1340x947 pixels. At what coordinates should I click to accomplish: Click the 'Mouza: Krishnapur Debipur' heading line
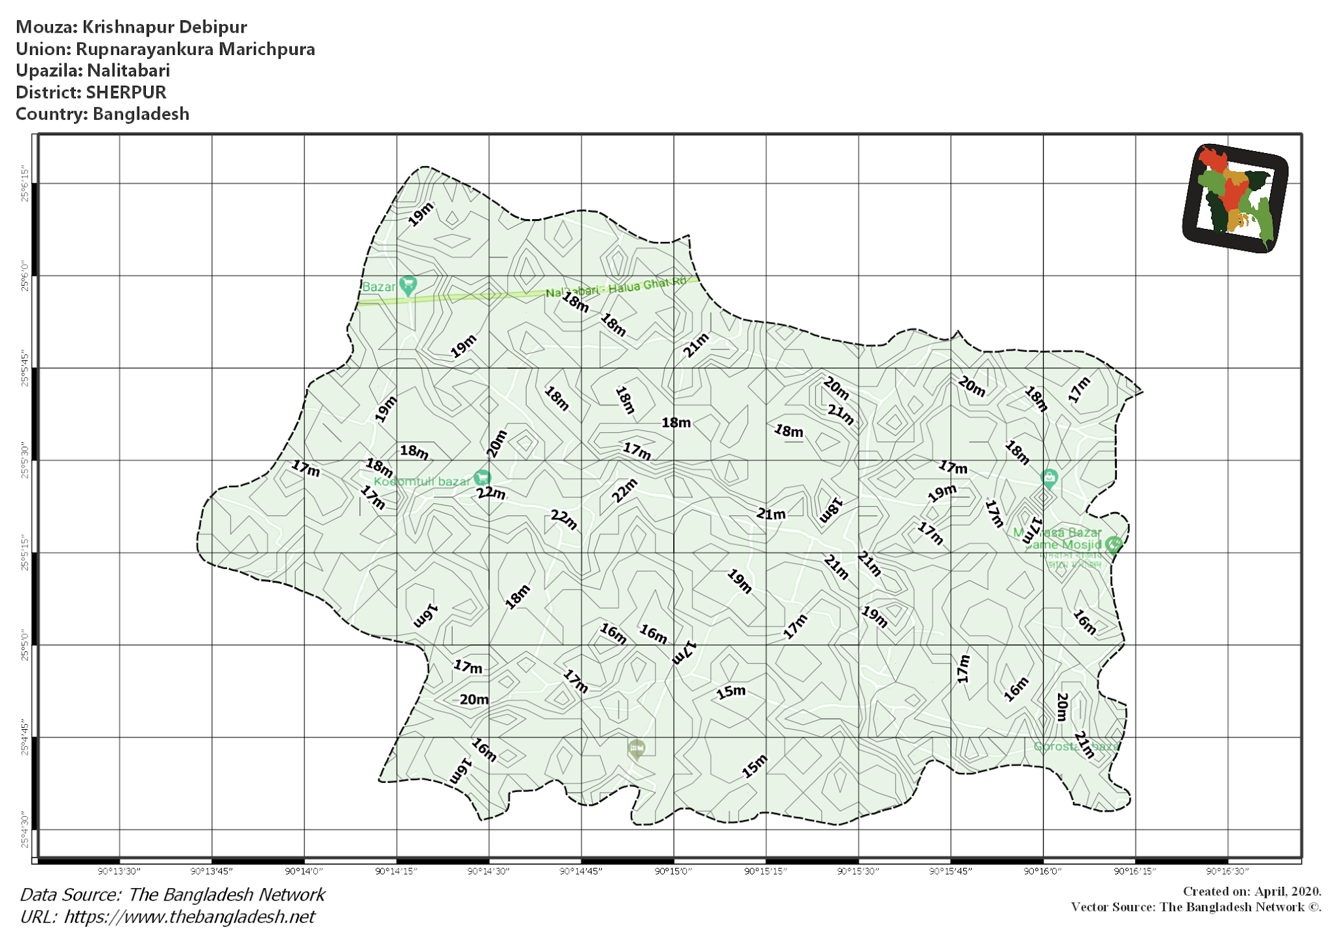click(131, 27)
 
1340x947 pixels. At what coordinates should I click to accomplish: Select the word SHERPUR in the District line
click(126, 92)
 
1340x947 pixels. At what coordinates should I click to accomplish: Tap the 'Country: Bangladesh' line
click(102, 114)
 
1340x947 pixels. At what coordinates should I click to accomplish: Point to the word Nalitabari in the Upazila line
click(128, 71)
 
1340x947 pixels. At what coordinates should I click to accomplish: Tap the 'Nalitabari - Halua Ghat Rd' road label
click(616, 287)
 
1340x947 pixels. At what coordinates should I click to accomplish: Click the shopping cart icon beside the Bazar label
click(408, 285)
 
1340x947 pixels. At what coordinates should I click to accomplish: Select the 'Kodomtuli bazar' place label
click(422, 482)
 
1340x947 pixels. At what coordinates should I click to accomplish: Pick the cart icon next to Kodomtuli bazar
click(482, 478)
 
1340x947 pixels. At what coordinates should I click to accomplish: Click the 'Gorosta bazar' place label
click(1076, 746)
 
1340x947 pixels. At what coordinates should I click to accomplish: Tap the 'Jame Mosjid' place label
click(1064, 545)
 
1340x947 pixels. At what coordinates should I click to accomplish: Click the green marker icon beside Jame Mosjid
click(1114, 544)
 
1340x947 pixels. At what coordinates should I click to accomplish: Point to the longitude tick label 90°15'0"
click(673, 871)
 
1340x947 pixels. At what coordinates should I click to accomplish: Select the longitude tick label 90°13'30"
click(119, 871)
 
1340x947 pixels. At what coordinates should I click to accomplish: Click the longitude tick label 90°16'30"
click(1227, 871)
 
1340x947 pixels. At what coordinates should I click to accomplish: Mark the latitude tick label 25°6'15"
click(25, 184)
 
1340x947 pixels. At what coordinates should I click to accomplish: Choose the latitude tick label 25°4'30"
click(25, 830)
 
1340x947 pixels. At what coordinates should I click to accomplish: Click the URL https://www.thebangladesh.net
click(189, 917)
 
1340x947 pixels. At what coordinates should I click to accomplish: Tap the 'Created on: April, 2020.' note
click(1252, 891)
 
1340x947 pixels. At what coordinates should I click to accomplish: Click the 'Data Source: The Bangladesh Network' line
click(172, 895)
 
